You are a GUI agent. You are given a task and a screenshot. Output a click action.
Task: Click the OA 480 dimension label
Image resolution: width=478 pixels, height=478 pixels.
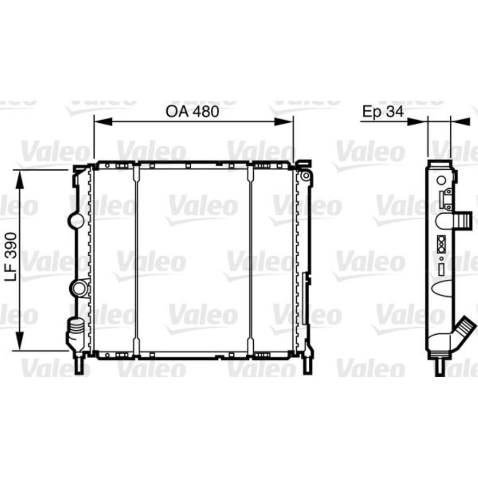pos(192,111)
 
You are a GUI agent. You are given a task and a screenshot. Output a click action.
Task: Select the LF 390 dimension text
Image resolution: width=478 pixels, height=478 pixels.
pos(13,257)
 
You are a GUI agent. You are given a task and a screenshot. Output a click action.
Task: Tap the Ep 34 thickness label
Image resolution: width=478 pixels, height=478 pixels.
pos(383,111)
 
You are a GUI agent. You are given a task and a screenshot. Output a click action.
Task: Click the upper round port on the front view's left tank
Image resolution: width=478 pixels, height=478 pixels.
pos(76,220)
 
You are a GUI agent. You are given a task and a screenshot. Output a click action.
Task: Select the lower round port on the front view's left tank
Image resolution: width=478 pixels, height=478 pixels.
pos(78,288)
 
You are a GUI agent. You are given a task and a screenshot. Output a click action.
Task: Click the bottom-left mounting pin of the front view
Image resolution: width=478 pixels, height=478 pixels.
pos(79,365)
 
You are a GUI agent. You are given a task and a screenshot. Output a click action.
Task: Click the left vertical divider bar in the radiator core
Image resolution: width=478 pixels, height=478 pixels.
pos(136,261)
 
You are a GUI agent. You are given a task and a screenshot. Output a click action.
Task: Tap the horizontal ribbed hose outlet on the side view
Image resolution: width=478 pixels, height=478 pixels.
pos(463,221)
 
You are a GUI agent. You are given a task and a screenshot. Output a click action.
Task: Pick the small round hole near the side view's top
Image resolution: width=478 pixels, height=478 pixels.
pos(441,180)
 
